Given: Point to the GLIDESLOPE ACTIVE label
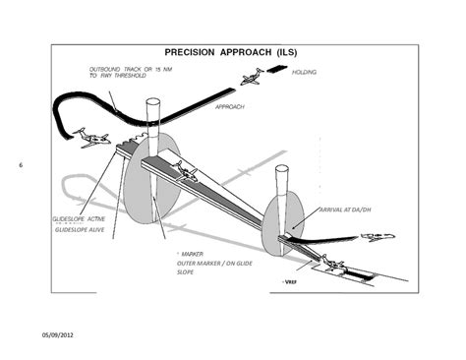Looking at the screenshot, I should tap(79, 218).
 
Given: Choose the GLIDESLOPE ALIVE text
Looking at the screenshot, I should tap(78, 229).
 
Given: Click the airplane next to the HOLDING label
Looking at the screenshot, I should tap(250, 75).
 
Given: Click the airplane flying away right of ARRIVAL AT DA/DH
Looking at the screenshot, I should tap(377, 237).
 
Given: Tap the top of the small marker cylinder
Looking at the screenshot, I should tap(281, 168).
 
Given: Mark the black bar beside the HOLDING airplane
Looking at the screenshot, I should tap(276, 69).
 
